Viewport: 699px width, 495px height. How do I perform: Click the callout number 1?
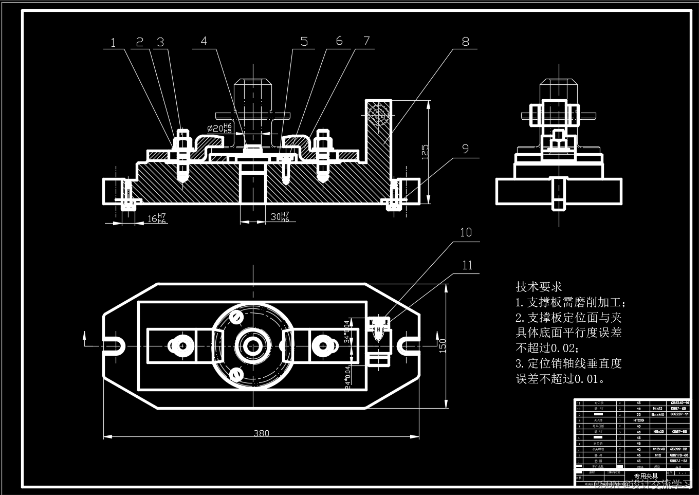(x=113, y=43)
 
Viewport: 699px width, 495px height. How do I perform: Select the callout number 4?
(x=204, y=41)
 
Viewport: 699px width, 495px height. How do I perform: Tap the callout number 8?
(x=465, y=42)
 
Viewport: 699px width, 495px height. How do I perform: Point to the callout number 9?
(x=465, y=149)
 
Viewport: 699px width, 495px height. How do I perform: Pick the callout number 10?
(x=466, y=233)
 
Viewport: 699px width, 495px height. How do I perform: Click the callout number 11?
(x=467, y=265)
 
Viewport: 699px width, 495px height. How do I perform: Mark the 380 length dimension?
(x=261, y=433)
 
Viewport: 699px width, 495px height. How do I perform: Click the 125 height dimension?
(x=425, y=152)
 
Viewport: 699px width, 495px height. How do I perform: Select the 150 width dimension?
(x=443, y=345)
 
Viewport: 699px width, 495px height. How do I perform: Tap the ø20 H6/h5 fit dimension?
(x=220, y=128)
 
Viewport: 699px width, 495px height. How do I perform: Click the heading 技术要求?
(x=539, y=287)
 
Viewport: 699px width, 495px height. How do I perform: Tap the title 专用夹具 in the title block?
(x=646, y=476)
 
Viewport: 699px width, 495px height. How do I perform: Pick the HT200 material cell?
(x=639, y=420)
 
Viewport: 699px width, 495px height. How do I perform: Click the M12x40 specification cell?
(x=658, y=449)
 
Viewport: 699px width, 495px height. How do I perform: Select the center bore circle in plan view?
(x=252, y=345)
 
